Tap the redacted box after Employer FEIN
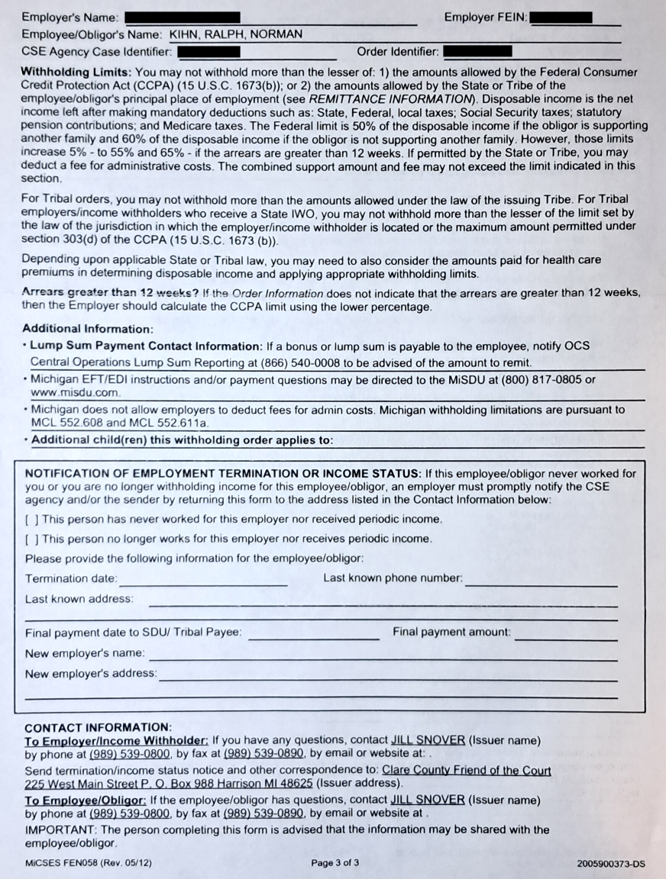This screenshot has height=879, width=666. pyautogui.click(x=564, y=17)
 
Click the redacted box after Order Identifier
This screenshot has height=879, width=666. pyautogui.click(x=477, y=52)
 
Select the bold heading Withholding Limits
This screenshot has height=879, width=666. pyautogui.click(x=76, y=72)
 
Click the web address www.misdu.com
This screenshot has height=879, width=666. pyautogui.click(x=76, y=392)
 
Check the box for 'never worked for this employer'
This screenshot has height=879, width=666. pyautogui.click(x=32, y=520)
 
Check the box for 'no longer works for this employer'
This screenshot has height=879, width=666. pyautogui.click(x=32, y=539)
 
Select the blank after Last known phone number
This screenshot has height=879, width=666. pyautogui.click(x=541, y=580)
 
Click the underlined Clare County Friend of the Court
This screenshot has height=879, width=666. pyautogui.click(x=466, y=771)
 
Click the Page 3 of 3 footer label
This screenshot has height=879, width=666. pyautogui.click(x=335, y=863)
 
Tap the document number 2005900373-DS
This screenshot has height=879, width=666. pyautogui.click(x=611, y=863)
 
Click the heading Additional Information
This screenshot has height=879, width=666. pyautogui.click(x=88, y=329)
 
